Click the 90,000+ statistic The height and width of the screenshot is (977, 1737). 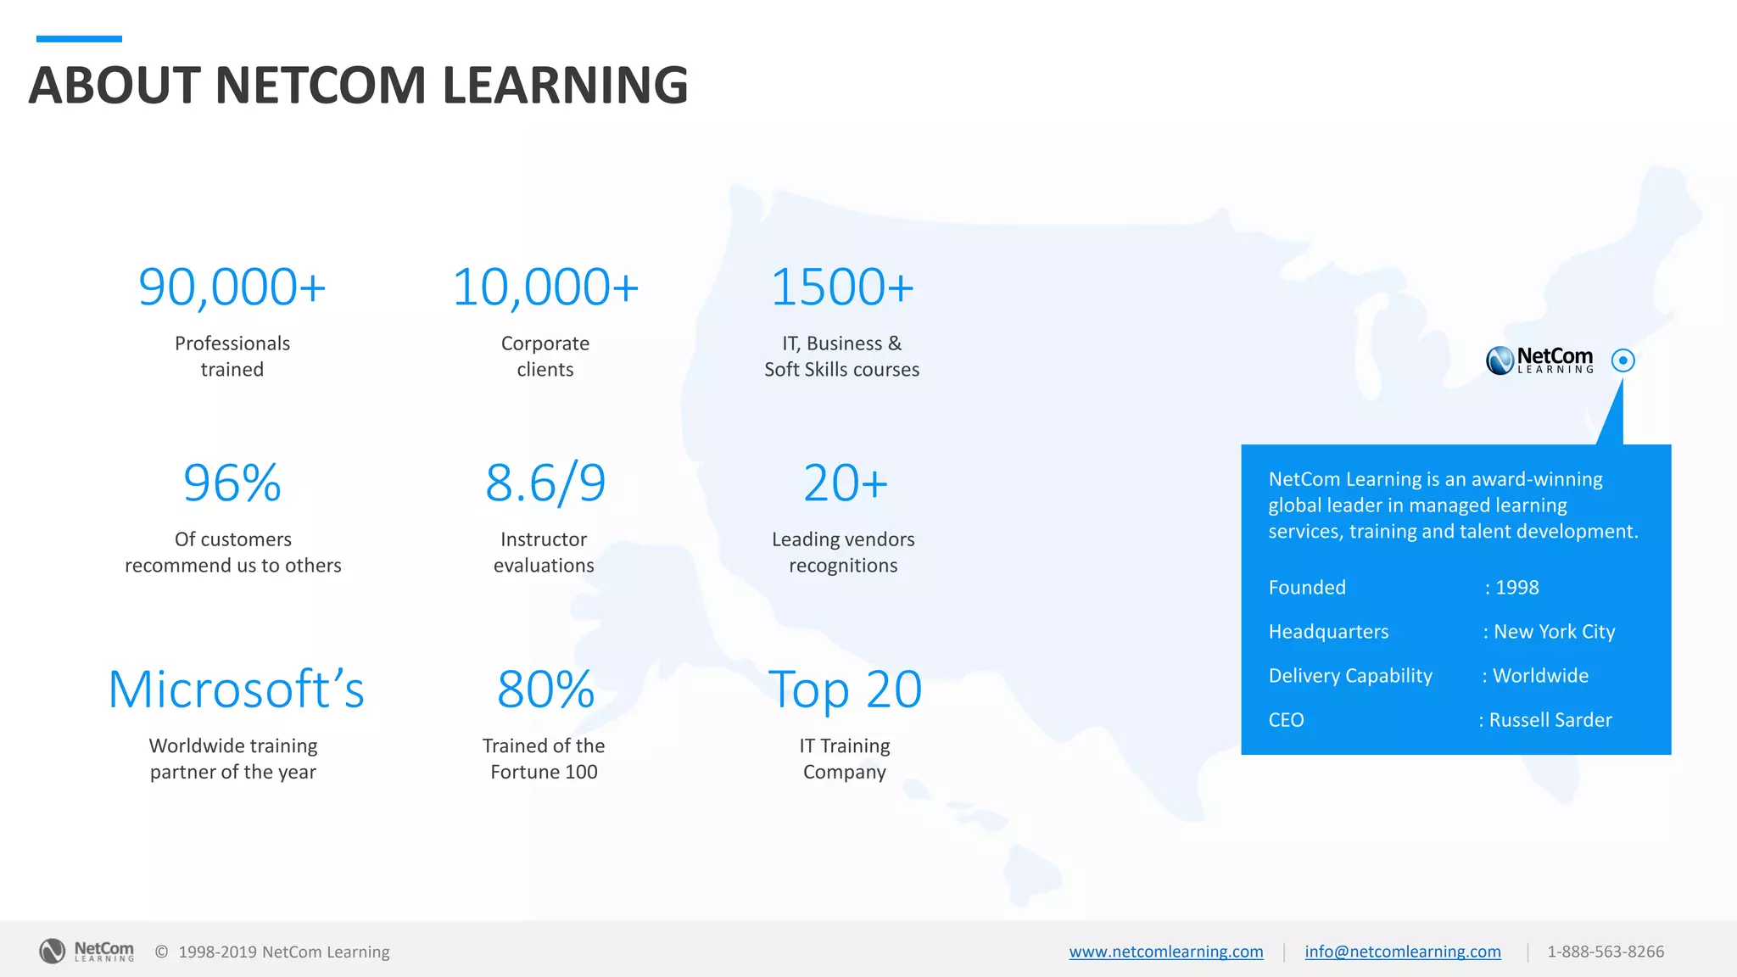coord(232,287)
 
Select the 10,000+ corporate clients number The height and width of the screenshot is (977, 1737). coord(545,287)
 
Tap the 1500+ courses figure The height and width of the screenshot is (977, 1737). coord(842,287)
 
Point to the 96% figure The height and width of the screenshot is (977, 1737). coord(232,483)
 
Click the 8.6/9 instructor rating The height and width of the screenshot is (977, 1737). coord(545,483)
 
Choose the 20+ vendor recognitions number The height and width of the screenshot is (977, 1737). coord(845,483)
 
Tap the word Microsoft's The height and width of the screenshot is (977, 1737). coord(236,689)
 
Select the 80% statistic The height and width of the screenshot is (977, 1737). coord(545,689)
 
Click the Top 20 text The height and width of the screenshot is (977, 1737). coord(845,689)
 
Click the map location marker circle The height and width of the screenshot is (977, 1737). coord(1623,360)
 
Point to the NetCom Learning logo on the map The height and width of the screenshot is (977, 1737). coord(1539,360)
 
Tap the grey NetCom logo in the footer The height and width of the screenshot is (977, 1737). coord(87,951)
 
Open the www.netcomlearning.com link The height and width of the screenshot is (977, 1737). coord(1165,952)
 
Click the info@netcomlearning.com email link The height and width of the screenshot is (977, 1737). coord(1402,952)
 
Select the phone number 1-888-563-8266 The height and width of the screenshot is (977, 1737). coord(1605,952)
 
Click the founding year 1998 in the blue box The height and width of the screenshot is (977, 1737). coord(1516,588)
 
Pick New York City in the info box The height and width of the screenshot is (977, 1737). coord(1554,632)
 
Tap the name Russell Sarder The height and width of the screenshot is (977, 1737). coord(1550,720)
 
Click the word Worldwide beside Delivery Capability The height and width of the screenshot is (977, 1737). coord(1540,676)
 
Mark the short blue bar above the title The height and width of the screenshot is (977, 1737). coord(79,39)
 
